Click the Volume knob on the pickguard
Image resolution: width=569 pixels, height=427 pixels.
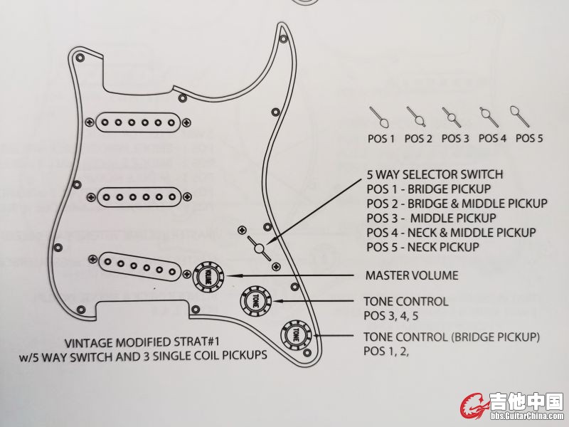(x=208, y=274)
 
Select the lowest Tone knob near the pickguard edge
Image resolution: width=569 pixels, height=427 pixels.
(x=294, y=334)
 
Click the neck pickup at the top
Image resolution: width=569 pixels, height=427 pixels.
(x=139, y=122)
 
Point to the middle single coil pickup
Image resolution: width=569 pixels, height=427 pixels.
(x=139, y=195)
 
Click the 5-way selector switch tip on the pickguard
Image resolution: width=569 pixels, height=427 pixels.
(x=260, y=248)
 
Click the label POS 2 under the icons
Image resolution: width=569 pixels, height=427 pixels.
(x=418, y=138)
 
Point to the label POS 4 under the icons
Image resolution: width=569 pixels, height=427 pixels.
(x=492, y=138)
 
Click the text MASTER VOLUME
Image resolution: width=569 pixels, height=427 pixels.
(x=411, y=275)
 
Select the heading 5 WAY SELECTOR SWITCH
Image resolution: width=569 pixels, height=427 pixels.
(x=435, y=174)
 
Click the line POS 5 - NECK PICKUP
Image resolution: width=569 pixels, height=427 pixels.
(x=422, y=246)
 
